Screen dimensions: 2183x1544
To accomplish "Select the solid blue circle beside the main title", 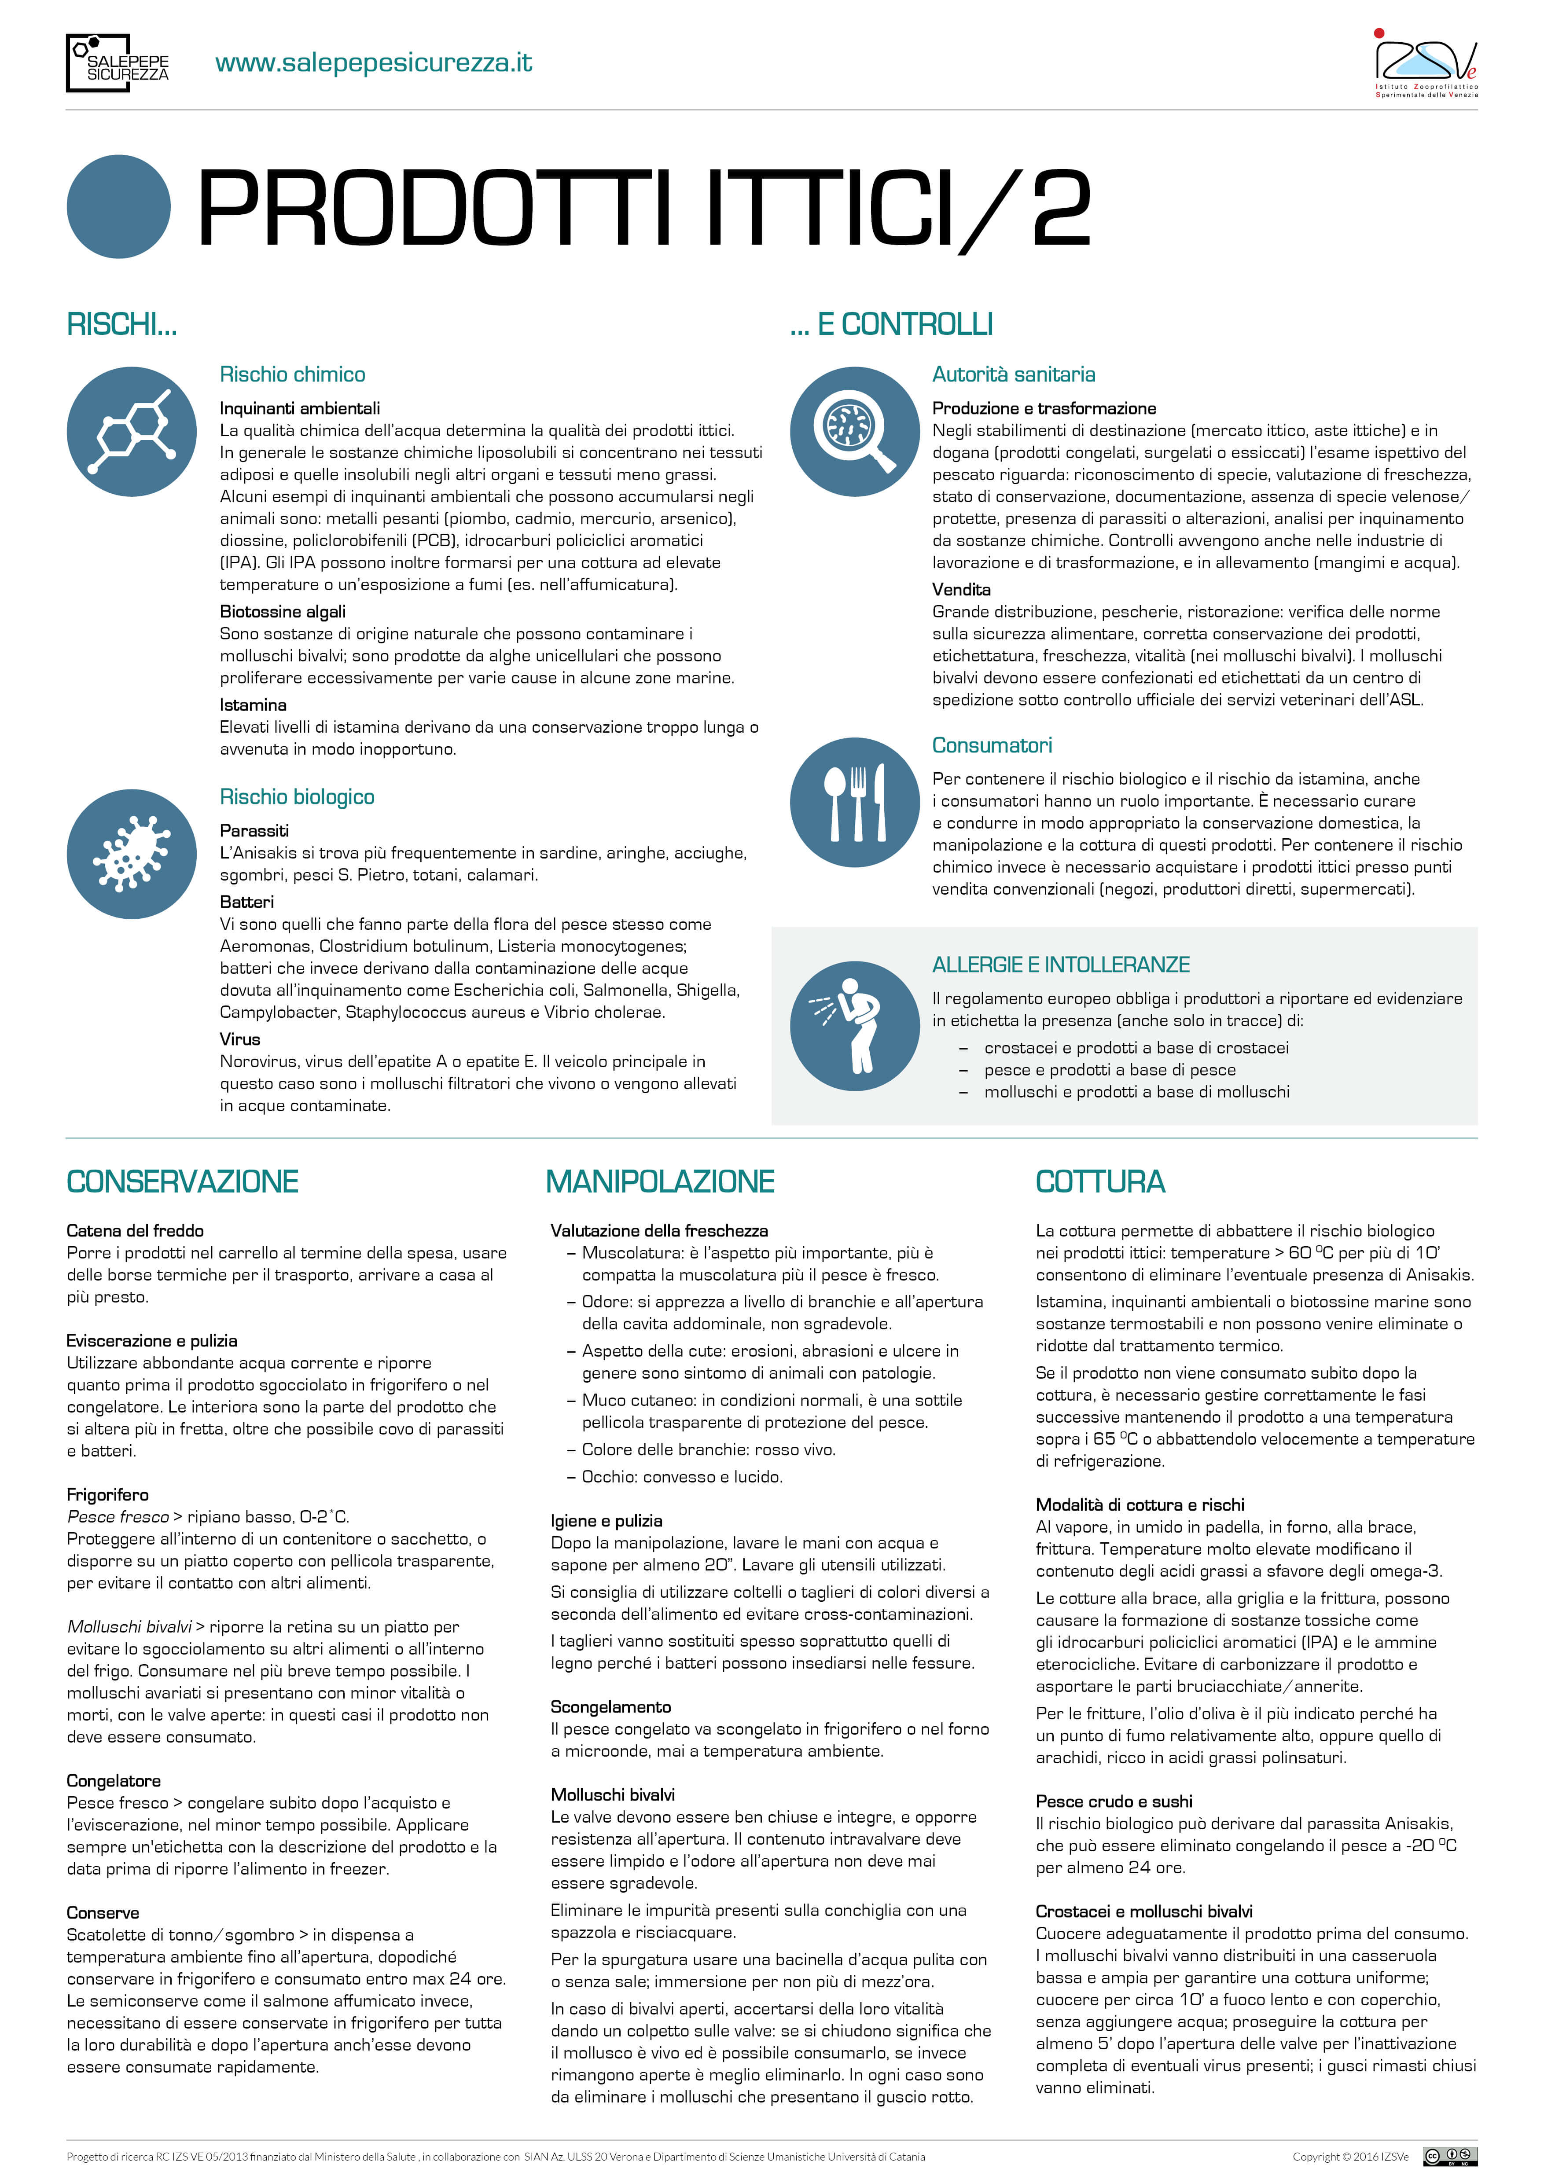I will tap(119, 206).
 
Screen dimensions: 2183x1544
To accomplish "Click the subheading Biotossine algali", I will tap(283, 611).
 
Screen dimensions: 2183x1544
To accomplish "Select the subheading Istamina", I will tap(253, 704).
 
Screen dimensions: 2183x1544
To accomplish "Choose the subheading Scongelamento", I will tap(610, 1706).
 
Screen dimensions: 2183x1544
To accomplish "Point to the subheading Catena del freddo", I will tap(135, 1230).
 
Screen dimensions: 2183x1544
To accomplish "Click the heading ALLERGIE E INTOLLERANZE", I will tap(1060, 965).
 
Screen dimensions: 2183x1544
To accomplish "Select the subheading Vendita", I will tap(961, 590).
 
